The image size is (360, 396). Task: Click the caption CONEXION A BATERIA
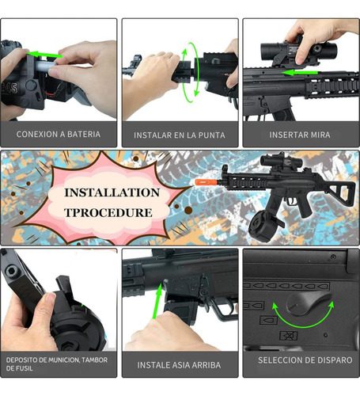59,134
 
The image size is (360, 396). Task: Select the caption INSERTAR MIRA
300,135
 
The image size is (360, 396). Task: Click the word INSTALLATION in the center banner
112,192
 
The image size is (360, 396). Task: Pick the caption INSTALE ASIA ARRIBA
179,365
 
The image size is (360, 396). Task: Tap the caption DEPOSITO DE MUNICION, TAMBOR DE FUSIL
57,364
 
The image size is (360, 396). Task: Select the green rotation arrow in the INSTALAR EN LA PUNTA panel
188,72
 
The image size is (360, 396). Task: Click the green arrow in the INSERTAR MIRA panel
301,72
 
